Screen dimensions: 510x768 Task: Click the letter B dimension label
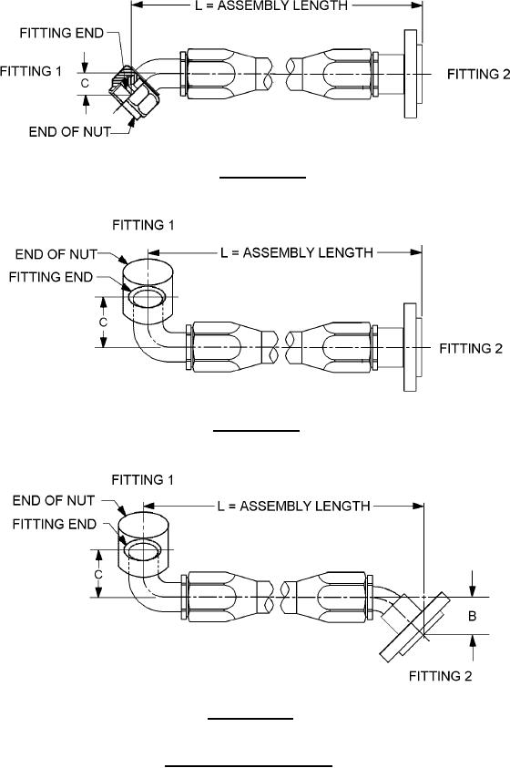[x=472, y=616]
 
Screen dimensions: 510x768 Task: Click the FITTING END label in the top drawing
[x=62, y=34]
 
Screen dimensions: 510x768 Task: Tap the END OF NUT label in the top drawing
[x=69, y=132]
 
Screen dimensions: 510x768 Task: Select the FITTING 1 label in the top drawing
[x=31, y=71]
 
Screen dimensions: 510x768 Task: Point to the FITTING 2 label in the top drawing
[x=479, y=75]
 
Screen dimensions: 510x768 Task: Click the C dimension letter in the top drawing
[x=85, y=83]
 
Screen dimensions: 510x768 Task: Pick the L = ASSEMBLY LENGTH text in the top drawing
[x=271, y=6]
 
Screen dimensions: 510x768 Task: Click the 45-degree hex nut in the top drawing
[x=132, y=93]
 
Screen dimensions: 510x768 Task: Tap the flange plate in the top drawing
[x=410, y=74]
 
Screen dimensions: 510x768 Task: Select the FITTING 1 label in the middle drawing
[x=143, y=225]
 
